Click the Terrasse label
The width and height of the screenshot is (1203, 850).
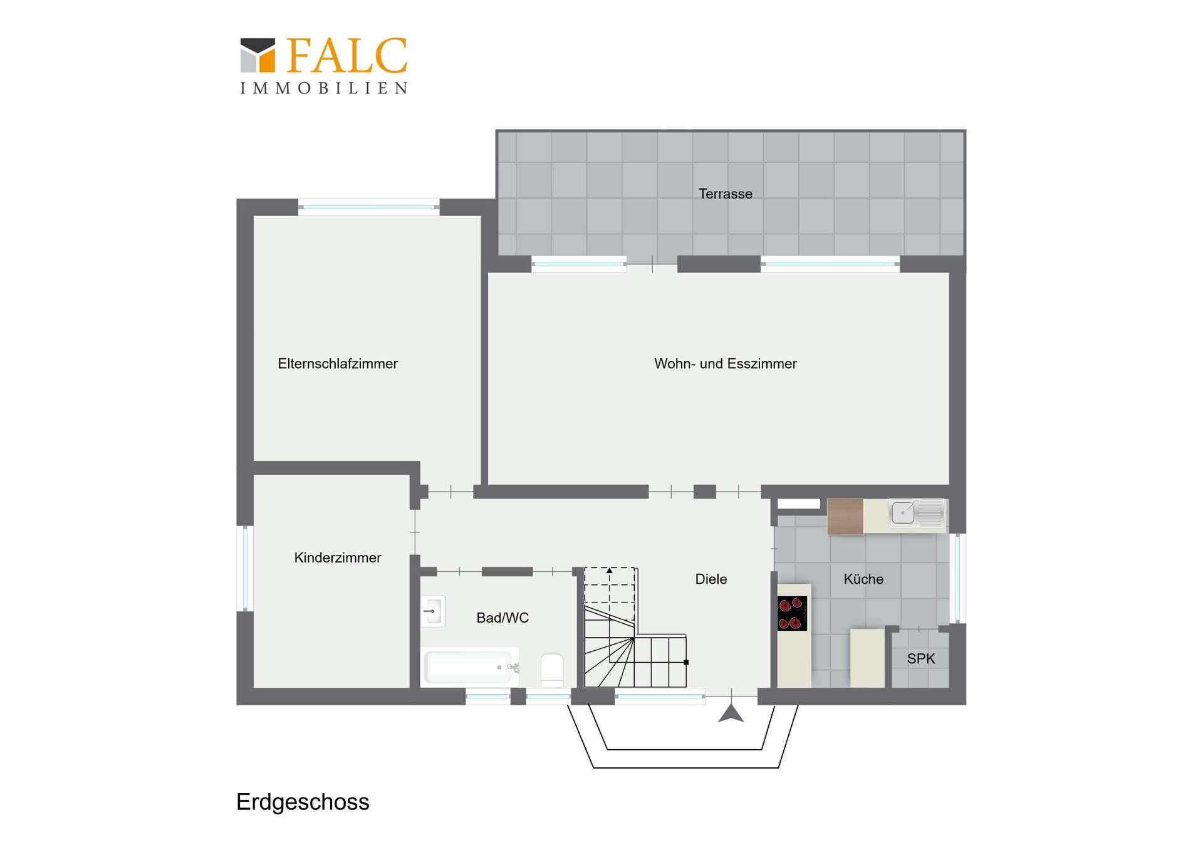(725, 194)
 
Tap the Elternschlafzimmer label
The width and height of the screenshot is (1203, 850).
(338, 364)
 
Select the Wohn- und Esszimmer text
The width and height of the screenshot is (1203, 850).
(725, 364)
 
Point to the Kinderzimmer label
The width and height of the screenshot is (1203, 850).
(338, 557)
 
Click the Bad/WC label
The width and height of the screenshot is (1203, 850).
(503, 618)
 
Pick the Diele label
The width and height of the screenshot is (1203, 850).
(711, 579)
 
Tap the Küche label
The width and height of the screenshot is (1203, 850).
(863, 579)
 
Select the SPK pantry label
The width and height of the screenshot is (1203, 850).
(921, 659)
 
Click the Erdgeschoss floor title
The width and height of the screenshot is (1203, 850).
(303, 802)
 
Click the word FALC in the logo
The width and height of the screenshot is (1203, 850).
(347, 55)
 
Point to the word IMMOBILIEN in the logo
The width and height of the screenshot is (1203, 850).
(324, 88)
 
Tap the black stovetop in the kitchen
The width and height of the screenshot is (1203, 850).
(793, 613)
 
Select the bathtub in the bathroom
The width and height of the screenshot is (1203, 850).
(469, 667)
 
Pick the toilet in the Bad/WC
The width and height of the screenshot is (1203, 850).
(552, 669)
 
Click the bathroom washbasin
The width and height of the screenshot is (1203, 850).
(433, 611)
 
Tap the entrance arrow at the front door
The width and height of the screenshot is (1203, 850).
(731, 713)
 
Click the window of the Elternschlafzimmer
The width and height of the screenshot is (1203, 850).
(369, 207)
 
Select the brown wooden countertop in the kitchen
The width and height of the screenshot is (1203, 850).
(845, 517)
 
